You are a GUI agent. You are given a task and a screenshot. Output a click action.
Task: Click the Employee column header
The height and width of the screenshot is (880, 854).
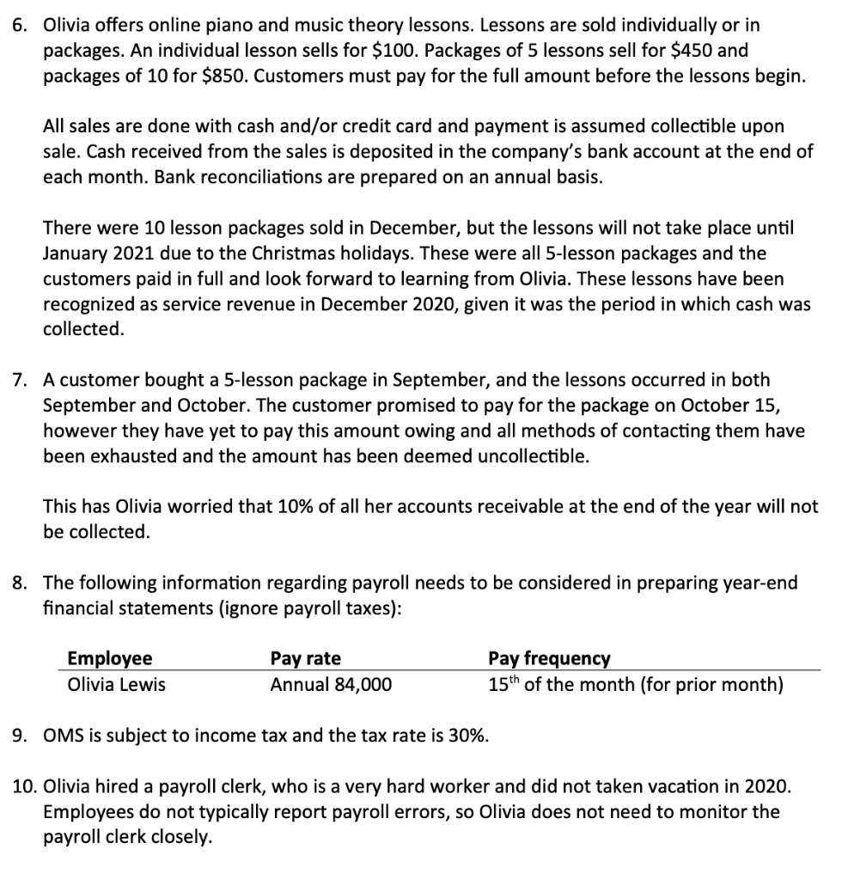pos(109,659)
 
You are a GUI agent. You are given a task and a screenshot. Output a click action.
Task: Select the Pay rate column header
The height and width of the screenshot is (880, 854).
pos(305,659)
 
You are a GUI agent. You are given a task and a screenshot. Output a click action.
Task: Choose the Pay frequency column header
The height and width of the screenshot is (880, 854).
pos(549,659)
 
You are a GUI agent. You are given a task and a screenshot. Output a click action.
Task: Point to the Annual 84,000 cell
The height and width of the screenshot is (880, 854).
pos(331,685)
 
